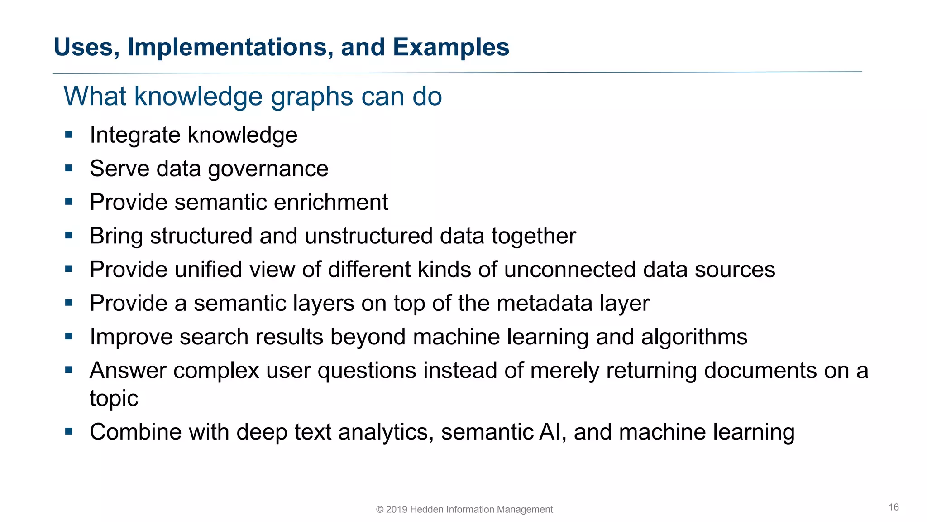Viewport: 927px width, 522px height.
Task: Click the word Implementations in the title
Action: click(230, 47)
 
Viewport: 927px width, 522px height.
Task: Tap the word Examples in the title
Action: click(451, 47)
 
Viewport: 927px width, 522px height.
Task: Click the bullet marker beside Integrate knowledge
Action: click(69, 135)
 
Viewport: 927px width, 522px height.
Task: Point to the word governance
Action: click(268, 169)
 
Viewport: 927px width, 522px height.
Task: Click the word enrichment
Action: click(331, 202)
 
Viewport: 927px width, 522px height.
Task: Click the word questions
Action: click(366, 371)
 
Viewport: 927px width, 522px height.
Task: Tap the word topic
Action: click(114, 399)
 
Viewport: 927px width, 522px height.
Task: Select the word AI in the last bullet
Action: click(552, 432)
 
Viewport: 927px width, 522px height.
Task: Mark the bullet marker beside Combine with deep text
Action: click(69, 431)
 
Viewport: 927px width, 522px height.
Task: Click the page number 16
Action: click(894, 507)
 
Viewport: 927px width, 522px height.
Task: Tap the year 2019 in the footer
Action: click(396, 510)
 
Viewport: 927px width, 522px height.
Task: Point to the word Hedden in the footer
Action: click(426, 510)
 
